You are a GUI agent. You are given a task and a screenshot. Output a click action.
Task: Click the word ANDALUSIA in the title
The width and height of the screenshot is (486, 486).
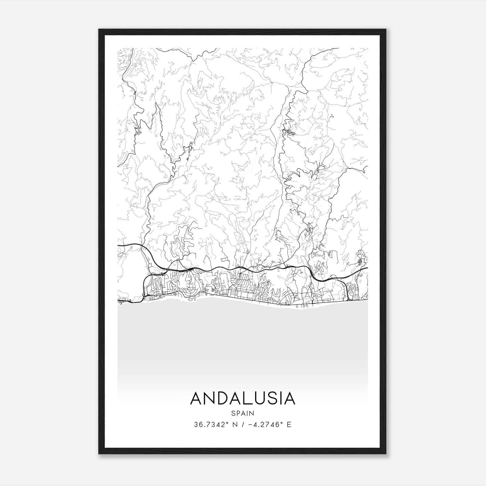click(x=242, y=398)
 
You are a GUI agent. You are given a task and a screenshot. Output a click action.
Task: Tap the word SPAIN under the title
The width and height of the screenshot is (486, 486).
click(x=242, y=413)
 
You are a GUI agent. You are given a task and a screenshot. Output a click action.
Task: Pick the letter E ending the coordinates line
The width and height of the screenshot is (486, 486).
click(x=289, y=425)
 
